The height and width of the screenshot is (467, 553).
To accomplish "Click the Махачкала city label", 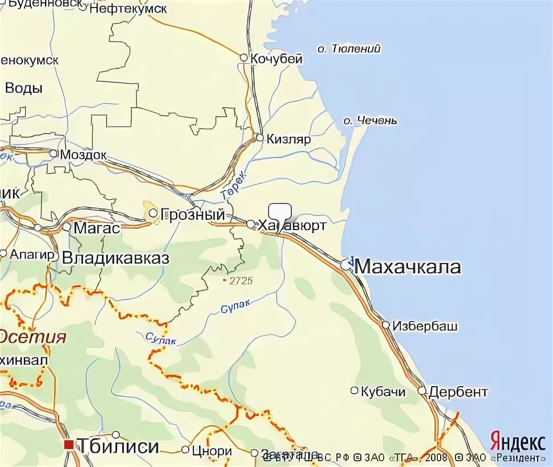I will [407, 267].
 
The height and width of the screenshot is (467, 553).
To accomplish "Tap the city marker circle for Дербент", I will [422, 391].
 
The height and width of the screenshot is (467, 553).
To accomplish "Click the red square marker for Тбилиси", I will [69, 445].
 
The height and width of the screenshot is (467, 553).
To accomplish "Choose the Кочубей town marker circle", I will [243, 58].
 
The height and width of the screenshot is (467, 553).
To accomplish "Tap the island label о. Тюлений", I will [349, 49].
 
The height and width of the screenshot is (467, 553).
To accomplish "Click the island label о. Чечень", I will [371, 121].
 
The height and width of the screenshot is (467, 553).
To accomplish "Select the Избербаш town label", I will [425, 326].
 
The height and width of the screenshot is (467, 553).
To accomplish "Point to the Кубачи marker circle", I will [354, 391].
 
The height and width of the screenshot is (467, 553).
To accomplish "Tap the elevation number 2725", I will [240, 281].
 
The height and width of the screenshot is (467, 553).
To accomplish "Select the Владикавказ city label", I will [115, 257].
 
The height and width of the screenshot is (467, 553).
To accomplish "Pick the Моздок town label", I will [84, 154].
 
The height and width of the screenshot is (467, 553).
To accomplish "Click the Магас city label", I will [97, 228].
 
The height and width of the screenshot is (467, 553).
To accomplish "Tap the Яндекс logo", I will [517, 443].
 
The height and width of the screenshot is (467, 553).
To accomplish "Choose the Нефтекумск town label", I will [128, 9].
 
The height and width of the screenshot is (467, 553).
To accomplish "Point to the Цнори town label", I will [212, 451].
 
